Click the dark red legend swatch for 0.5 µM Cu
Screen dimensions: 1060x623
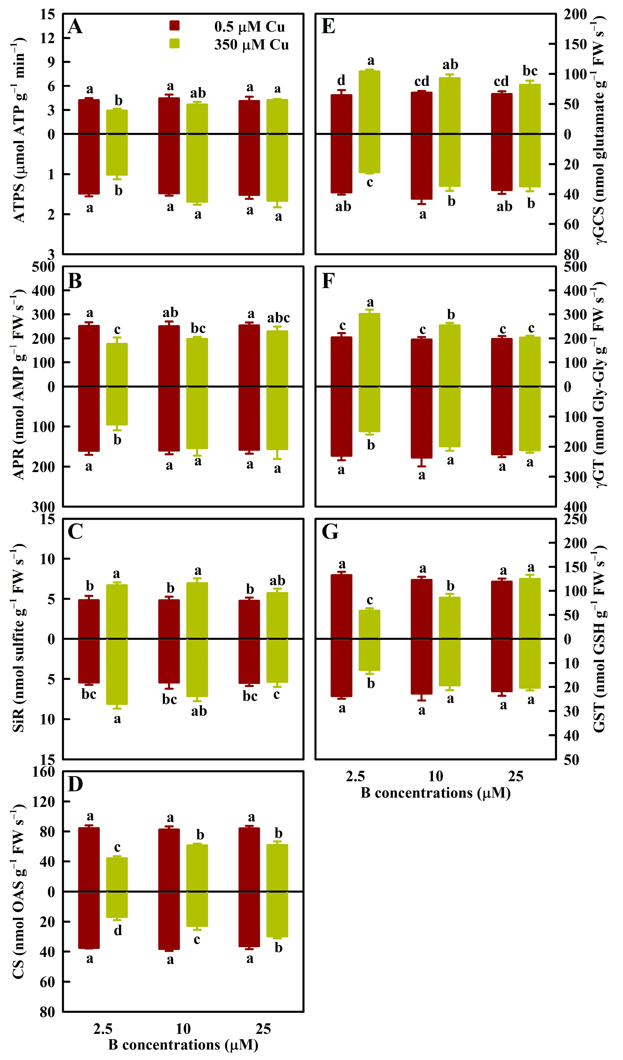(174, 26)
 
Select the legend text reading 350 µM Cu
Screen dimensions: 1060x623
(251, 45)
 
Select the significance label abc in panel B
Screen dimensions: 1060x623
(278, 318)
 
